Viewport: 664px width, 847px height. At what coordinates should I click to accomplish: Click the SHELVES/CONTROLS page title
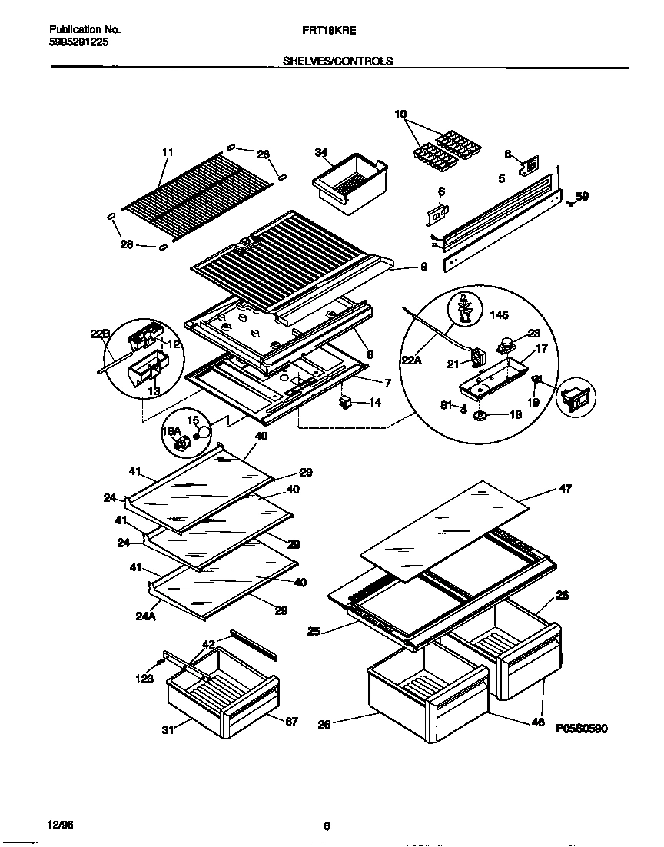[338, 61]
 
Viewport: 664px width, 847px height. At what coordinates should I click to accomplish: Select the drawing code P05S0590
[581, 728]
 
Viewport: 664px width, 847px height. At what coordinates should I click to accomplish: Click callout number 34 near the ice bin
[321, 153]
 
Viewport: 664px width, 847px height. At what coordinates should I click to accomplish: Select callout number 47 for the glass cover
[566, 488]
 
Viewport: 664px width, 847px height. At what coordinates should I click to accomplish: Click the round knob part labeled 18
[481, 416]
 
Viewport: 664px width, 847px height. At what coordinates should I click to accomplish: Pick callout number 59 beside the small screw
[582, 197]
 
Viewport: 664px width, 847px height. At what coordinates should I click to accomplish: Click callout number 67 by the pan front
[291, 721]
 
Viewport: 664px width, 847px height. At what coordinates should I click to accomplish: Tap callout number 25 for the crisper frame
[314, 633]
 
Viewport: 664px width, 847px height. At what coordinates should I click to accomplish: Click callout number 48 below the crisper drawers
[538, 722]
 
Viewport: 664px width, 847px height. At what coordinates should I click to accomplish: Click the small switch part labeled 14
[345, 402]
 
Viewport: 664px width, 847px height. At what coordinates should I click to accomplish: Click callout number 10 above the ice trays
[400, 115]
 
